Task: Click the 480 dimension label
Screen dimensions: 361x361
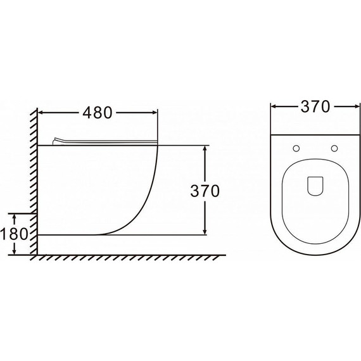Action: click(98, 113)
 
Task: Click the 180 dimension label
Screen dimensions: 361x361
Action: click(14, 234)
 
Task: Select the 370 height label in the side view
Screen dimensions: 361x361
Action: click(205, 191)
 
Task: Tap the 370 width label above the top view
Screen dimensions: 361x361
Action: click(315, 106)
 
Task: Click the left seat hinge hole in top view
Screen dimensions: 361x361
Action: click(296, 148)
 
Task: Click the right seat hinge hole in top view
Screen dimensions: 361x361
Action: click(334, 148)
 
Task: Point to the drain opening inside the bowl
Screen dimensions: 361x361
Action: click(315, 186)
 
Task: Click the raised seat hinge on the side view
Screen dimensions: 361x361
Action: click(56, 141)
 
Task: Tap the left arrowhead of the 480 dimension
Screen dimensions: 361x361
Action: click(41, 113)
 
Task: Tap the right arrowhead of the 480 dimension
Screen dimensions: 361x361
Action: click(155, 113)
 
